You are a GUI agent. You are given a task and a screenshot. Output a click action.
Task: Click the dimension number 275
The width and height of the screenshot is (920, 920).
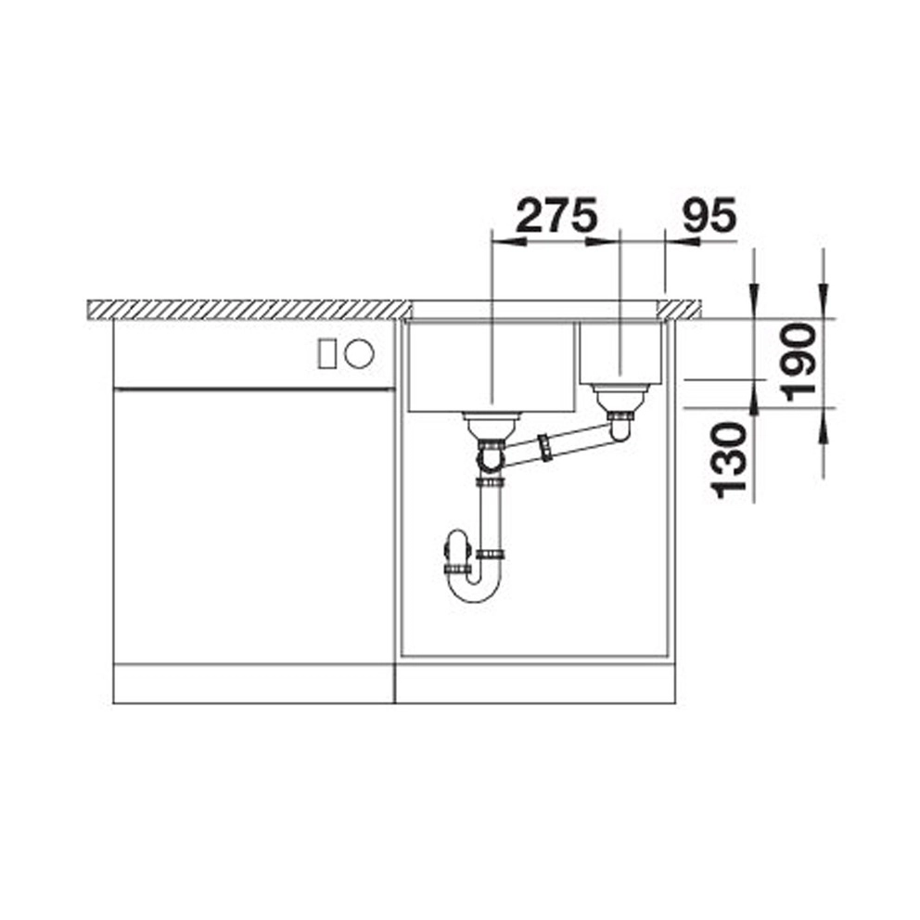[556, 215]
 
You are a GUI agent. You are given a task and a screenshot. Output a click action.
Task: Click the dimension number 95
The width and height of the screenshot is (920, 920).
[709, 215]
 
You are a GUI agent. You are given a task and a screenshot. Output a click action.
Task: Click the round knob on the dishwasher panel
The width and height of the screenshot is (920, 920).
[359, 353]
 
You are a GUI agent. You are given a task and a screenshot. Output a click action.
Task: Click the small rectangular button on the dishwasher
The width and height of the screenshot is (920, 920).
[326, 353]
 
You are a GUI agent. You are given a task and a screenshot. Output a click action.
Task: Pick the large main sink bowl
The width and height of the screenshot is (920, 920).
[491, 366]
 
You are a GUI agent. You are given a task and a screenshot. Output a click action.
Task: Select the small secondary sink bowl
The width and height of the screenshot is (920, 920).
[620, 352]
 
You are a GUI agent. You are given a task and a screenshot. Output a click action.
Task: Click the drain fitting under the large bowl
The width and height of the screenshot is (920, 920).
[492, 428]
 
